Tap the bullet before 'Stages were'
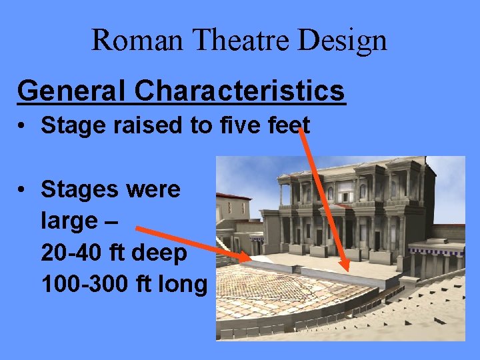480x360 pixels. [x=23, y=190]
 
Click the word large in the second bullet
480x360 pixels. [x=70, y=221]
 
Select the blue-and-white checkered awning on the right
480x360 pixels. [x=437, y=251]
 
